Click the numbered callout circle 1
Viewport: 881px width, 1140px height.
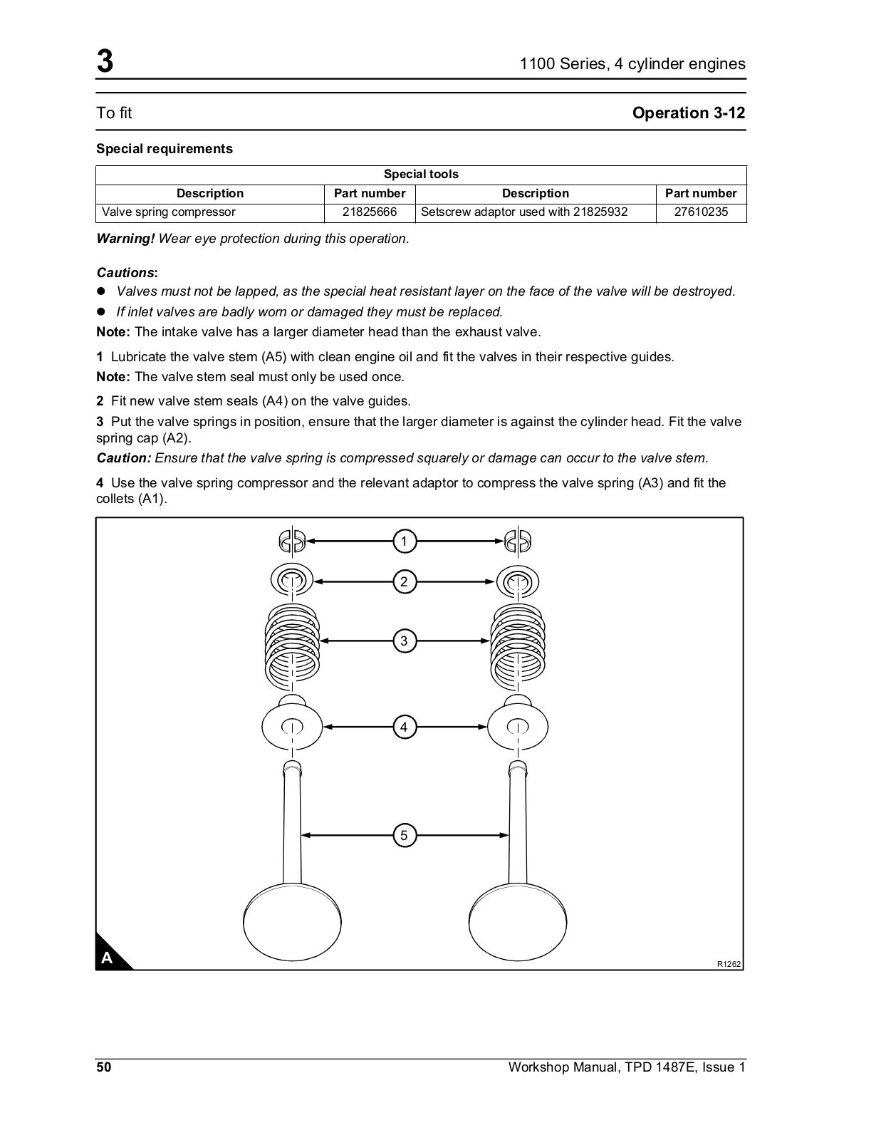click(x=404, y=541)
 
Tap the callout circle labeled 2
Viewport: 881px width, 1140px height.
click(x=404, y=581)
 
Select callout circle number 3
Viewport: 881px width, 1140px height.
click(x=404, y=641)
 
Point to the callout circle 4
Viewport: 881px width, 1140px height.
click(x=404, y=727)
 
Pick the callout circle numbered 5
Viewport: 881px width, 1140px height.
click(x=404, y=835)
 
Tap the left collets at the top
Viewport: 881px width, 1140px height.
click(x=292, y=541)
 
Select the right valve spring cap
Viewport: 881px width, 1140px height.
click(x=518, y=581)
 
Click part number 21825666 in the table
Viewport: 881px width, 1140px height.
click(x=370, y=212)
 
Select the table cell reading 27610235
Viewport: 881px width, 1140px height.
click(x=701, y=212)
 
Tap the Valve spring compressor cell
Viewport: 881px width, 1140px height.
click(x=169, y=212)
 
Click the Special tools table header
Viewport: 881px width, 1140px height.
click(x=421, y=175)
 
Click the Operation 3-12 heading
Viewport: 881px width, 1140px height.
click(x=689, y=113)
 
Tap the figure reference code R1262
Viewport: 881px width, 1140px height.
click(x=729, y=964)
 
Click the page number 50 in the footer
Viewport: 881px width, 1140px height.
click(x=104, y=1067)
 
